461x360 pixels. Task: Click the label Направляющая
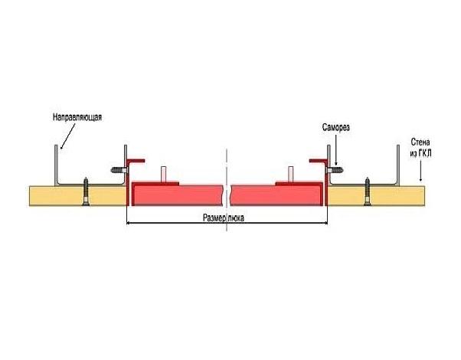click(77, 117)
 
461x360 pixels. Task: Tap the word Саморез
click(335, 127)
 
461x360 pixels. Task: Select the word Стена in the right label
click(420, 142)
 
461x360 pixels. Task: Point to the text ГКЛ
click(424, 153)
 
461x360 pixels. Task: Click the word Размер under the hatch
click(214, 218)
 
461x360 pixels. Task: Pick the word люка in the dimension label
click(236, 218)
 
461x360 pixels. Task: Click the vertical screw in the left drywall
click(86, 191)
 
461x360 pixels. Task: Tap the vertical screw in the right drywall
click(367, 191)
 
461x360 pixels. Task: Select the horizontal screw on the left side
click(119, 170)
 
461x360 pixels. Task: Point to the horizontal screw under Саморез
click(335, 170)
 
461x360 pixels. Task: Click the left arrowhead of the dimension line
click(128, 223)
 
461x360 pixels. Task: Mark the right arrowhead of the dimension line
click(325, 223)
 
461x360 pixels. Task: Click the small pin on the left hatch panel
click(164, 174)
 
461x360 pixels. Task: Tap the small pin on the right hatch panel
click(290, 174)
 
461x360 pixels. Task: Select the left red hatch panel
click(177, 195)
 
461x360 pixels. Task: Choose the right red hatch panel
click(276, 195)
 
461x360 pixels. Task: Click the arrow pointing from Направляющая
click(67, 136)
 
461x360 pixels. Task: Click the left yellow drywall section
click(77, 195)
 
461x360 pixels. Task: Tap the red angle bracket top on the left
click(136, 161)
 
